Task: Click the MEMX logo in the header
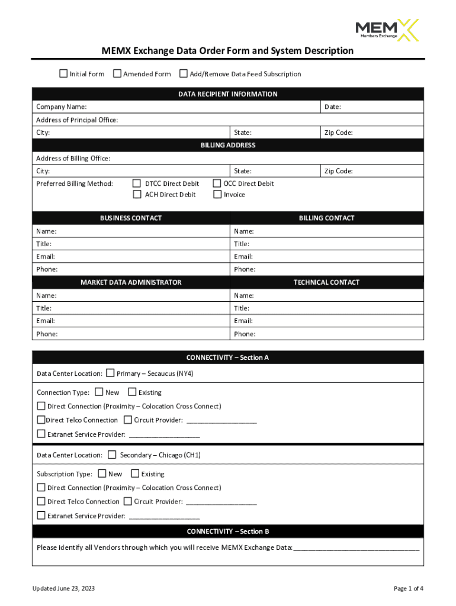(386, 30)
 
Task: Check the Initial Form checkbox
(63, 74)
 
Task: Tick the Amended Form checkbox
(117, 74)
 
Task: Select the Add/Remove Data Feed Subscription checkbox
(184, 74)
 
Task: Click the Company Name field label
(62, 107)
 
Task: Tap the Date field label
(332, 107)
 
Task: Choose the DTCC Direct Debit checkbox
(137, 183)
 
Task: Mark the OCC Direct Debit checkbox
(217, 183)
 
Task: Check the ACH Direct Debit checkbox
(137, 194)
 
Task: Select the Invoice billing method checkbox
(217, 194)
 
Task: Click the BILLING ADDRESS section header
(228, 146)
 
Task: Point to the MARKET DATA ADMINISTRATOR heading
(131, 282)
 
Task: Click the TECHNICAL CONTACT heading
(326, 282)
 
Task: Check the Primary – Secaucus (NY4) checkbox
(110, 373)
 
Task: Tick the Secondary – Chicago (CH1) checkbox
(112, 454)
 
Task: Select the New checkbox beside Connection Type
(99, 392)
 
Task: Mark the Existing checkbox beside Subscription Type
(135, 473)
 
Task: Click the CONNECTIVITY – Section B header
(228, 531)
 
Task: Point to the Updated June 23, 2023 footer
(63, 588)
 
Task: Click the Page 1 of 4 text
(408, 588)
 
